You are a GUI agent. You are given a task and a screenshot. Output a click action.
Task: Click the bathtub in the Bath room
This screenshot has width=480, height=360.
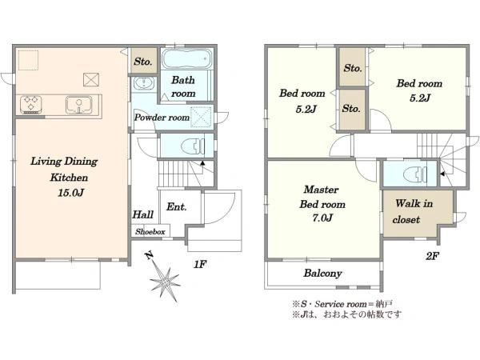tap(186, 58)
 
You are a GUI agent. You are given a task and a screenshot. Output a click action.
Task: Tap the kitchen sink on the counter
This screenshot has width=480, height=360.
tap(78, 106)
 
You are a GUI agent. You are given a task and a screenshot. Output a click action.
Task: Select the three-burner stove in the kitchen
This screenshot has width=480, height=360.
tap(31, 105)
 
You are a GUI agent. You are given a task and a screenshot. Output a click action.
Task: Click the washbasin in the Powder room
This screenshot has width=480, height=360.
tap(143, 83)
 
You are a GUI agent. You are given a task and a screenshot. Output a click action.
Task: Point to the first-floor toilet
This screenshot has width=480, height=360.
tap(193, 146)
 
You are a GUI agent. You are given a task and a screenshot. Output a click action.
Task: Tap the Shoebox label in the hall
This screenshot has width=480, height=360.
tap(150, 232)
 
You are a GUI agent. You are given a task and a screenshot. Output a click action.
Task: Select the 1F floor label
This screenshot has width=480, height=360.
tap(200, 264)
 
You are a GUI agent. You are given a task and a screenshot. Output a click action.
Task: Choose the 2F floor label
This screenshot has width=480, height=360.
tap(432, 256)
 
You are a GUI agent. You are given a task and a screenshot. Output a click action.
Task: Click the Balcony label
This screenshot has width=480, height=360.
tap(322, 273)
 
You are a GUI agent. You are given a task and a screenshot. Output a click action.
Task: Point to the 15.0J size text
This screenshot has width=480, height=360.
tap(70, 193)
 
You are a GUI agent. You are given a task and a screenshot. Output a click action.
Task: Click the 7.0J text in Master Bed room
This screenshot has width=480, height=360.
tap(322, 218)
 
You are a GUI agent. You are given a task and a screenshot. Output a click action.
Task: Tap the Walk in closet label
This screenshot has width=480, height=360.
tap(413, 211)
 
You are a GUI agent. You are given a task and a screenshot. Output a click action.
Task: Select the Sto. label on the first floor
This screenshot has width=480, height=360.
tap(143, 62)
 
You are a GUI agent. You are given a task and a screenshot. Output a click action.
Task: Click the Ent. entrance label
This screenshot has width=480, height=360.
tap(176, 207)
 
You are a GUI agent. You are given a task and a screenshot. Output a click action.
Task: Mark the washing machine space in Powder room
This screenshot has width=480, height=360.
tap(201, 116)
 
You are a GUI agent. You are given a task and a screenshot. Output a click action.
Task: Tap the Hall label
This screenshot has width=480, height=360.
tap(142, 214)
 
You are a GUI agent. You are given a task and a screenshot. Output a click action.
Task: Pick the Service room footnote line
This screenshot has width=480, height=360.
tap(342, 304)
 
